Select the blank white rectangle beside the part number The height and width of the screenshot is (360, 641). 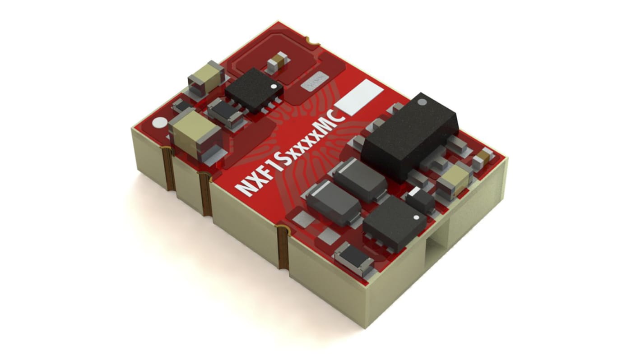click(359, 97)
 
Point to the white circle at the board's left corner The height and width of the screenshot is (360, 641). click(159, 123)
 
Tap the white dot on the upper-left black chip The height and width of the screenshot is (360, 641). click(273, 86)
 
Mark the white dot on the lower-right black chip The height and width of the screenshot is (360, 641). click(416, 218)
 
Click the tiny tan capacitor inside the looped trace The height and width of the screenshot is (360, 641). click(277, 64)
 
